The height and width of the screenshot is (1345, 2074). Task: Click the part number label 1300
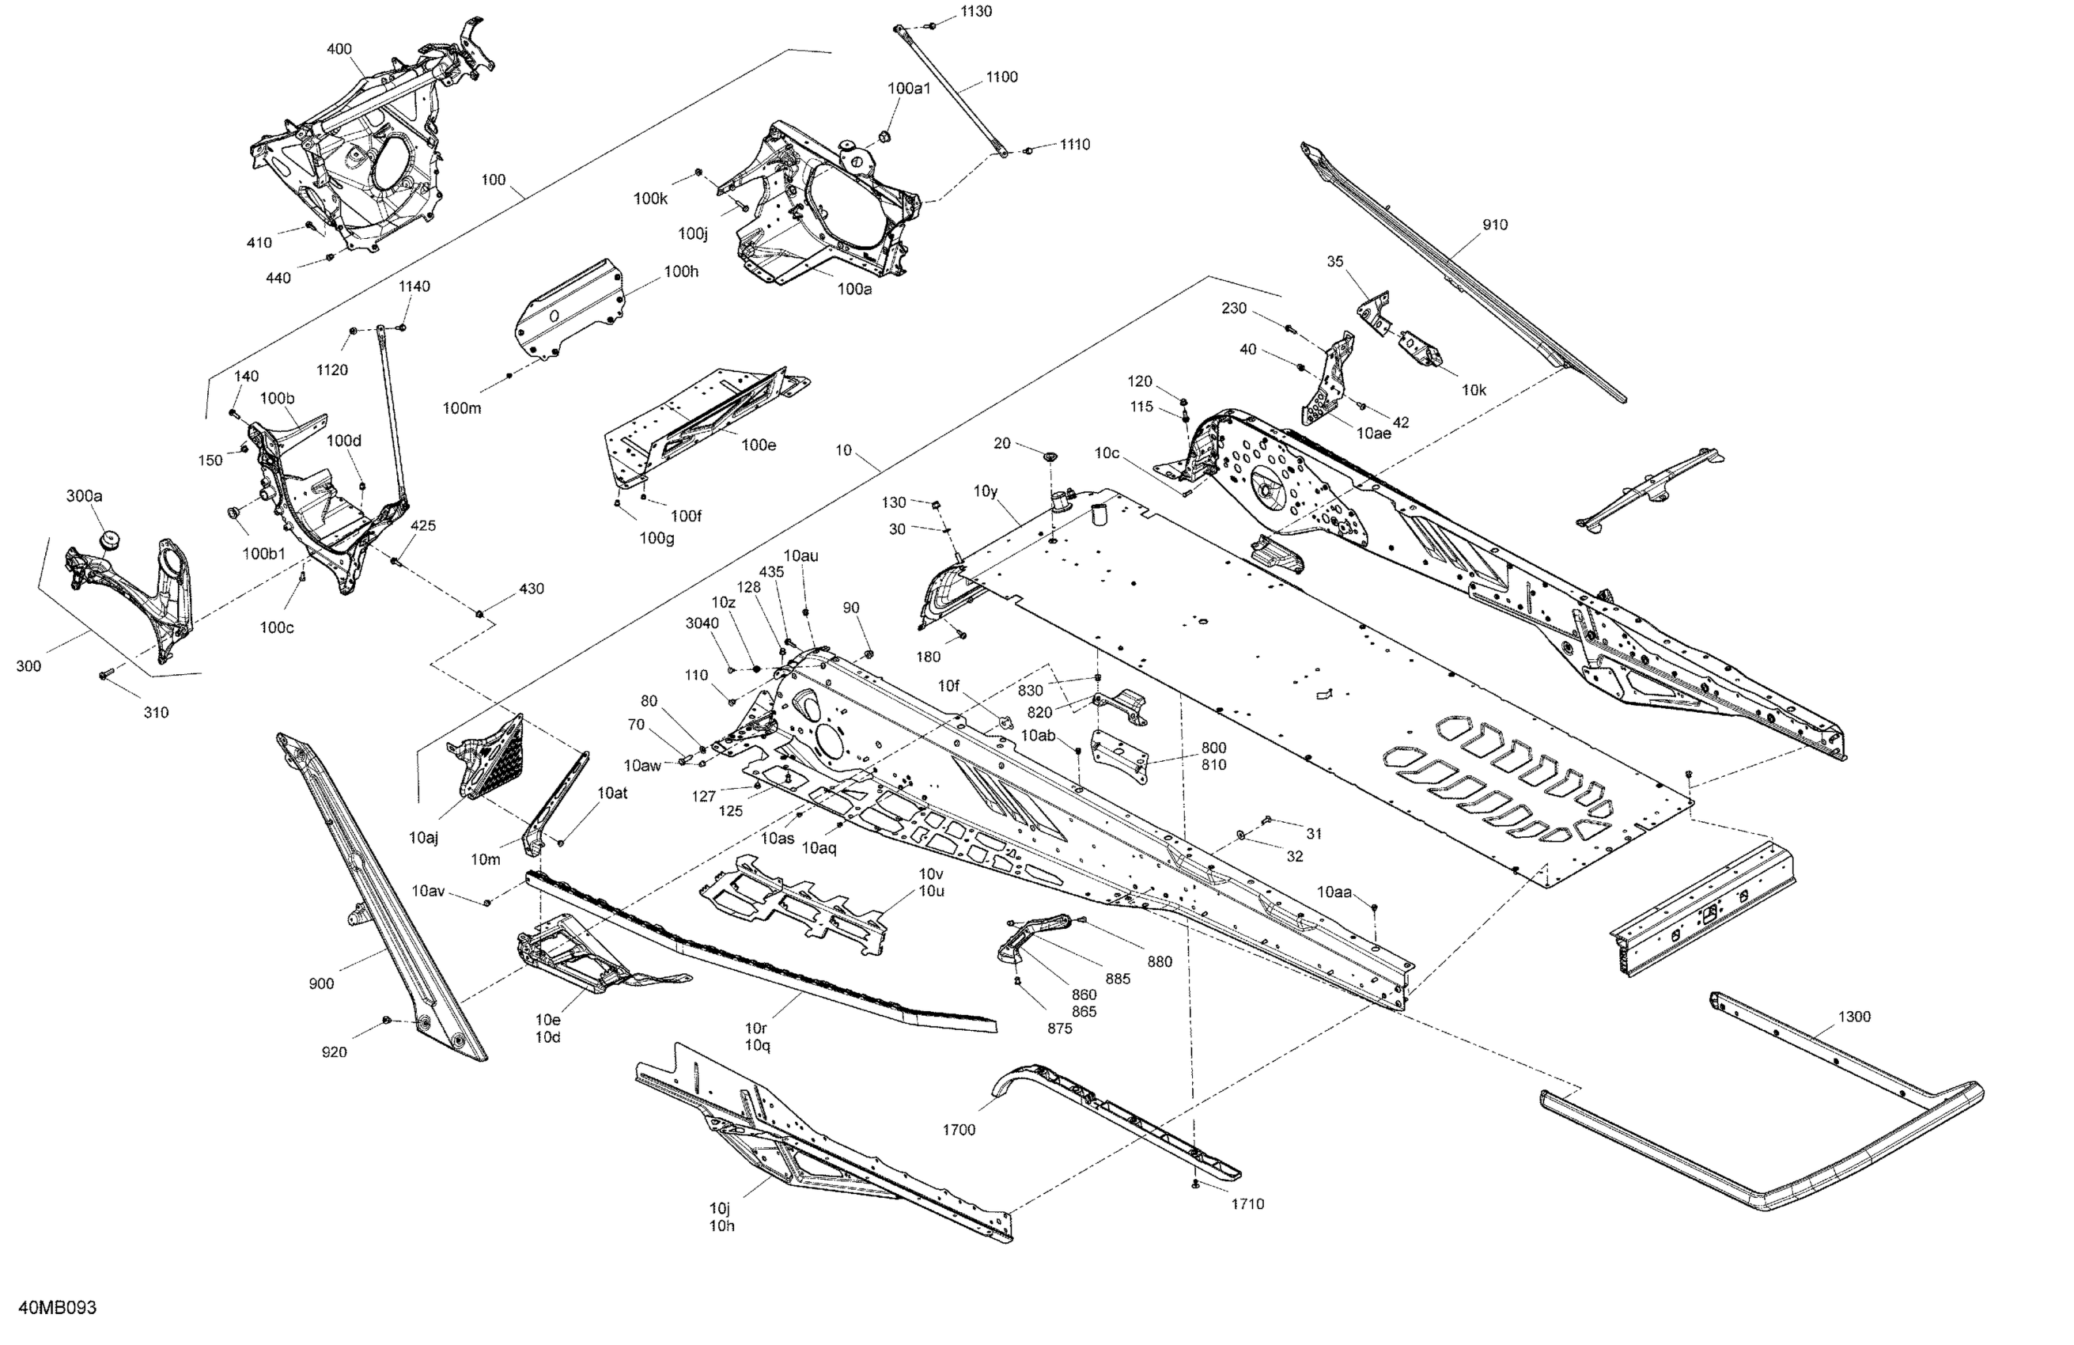pyautogui.click(x=1853, y=1017)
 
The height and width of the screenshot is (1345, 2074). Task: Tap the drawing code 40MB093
pyautogui.click(x=58, y=1308)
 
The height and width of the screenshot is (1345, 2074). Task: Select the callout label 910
pyautogui.click(x=1494, y=225)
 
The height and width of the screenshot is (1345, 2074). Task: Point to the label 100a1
pyautogui.click(x=909, y=88)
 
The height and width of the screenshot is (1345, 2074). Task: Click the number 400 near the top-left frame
pyautogui.click(x=339, y=49)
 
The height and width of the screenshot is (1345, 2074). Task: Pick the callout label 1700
pyautogui.click(x=959, y=1130)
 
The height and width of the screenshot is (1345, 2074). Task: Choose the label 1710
pyautogui.click(x=1247, y=1204)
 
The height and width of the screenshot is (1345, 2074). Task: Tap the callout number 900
pyautogui.click(x=320, y=984)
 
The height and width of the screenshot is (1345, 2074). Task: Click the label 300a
pyautogui.click(x=85, y=496)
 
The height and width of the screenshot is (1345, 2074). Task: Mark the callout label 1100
pyautogui.click(x=1001, y=77)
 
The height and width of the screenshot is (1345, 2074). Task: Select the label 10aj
pyautogui.click(x=423, y=838)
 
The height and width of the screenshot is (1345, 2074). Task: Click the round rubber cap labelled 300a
pyautogui.click(x=109, y=540)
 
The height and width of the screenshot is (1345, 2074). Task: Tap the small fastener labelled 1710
pyautogui.click(x=1194, y=1184)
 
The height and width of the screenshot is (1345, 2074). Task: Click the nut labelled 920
pyautogui.click(x=387, y=1020)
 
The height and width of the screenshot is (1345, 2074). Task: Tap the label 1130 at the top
pyautogui.click(x=976, y=11)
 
